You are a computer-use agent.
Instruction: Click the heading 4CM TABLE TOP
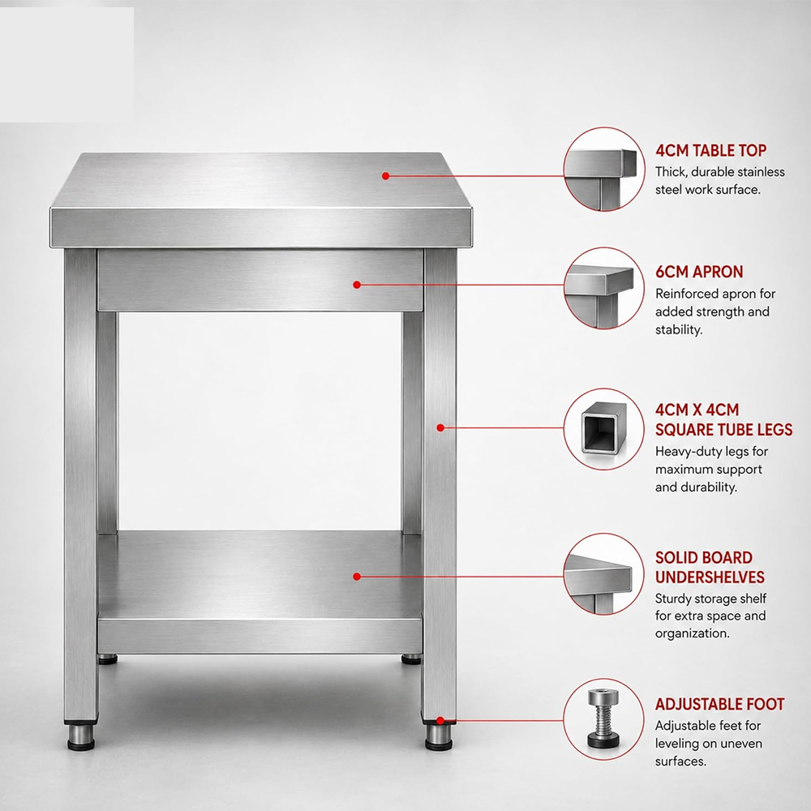click(710, 151)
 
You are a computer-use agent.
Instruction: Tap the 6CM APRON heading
click(699, 272)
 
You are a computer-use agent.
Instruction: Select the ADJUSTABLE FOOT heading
click(719, 704)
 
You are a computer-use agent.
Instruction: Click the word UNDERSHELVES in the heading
click(710, 577)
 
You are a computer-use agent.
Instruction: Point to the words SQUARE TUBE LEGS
click(723, 429)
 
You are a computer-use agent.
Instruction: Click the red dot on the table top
click(385, 176)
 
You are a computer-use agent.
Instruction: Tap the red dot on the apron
click(356, 285)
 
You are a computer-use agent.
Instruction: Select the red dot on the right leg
click(440, 427)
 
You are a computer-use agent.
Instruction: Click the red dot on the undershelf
click(356, 576)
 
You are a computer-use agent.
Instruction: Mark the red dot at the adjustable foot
click(440, 720)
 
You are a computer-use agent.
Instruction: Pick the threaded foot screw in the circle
click(603, 719)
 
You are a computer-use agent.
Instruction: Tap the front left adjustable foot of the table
click(81, 736)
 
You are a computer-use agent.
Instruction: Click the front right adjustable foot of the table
click(439, 736)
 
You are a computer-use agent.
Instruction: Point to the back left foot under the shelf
click(108, 659)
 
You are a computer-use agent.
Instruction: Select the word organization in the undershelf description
click(692, 633)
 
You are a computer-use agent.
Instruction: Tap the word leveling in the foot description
click(677, 744)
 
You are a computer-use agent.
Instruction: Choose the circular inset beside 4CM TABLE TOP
click(603, 169)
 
